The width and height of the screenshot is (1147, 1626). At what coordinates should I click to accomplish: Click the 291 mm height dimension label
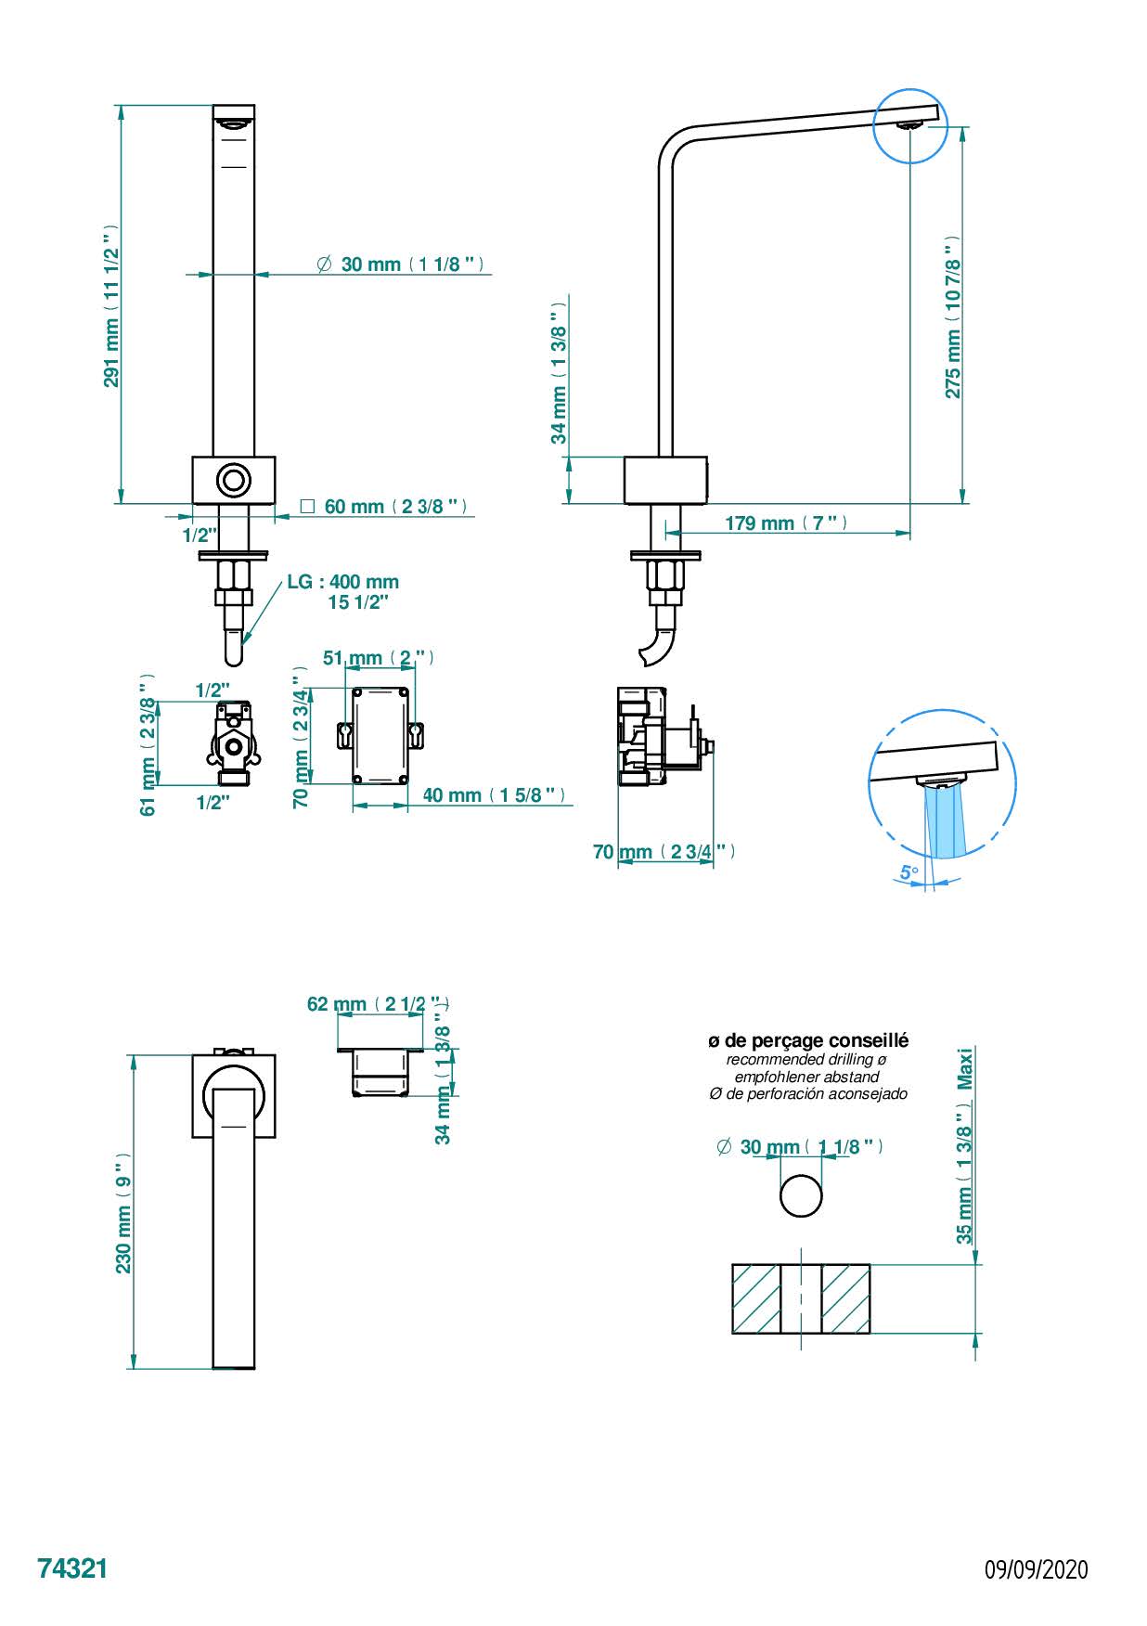point(111,305)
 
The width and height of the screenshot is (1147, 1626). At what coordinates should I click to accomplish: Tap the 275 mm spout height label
point(953,317)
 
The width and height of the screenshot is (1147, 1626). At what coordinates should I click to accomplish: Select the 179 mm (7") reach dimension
point(786,523)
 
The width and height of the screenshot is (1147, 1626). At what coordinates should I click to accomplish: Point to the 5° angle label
point(909,872)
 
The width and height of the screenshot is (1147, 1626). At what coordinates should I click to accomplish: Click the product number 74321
point(72,1568)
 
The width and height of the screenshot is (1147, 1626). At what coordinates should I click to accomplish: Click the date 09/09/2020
point(1036,1569)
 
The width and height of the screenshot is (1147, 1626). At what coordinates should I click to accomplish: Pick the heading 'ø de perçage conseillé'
point(807,1041)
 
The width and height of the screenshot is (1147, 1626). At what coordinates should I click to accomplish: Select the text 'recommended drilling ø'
point(805,1059)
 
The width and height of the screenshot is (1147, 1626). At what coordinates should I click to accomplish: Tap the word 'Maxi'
point(966,1069)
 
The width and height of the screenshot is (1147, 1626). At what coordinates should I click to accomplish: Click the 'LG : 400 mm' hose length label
point(342,582)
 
